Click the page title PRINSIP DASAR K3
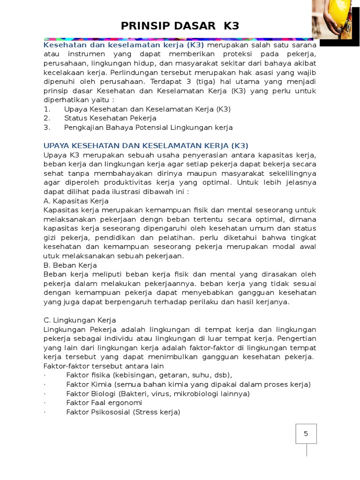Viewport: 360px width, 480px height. coord(180,26)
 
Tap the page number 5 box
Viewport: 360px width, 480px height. coord(306,434)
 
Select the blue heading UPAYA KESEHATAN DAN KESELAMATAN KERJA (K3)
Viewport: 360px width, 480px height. coord(146,145)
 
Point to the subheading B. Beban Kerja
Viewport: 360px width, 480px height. coord(70,265)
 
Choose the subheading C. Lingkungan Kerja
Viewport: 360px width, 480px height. coord(80,320)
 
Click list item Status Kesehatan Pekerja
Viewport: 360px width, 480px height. coord(110,118)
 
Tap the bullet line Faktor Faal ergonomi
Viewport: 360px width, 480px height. coord(104,403)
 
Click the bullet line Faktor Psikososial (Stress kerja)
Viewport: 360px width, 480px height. coord(123,412)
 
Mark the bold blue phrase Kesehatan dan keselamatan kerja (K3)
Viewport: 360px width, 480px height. coord(124,45)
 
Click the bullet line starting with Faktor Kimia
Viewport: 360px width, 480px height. coord(188,384)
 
